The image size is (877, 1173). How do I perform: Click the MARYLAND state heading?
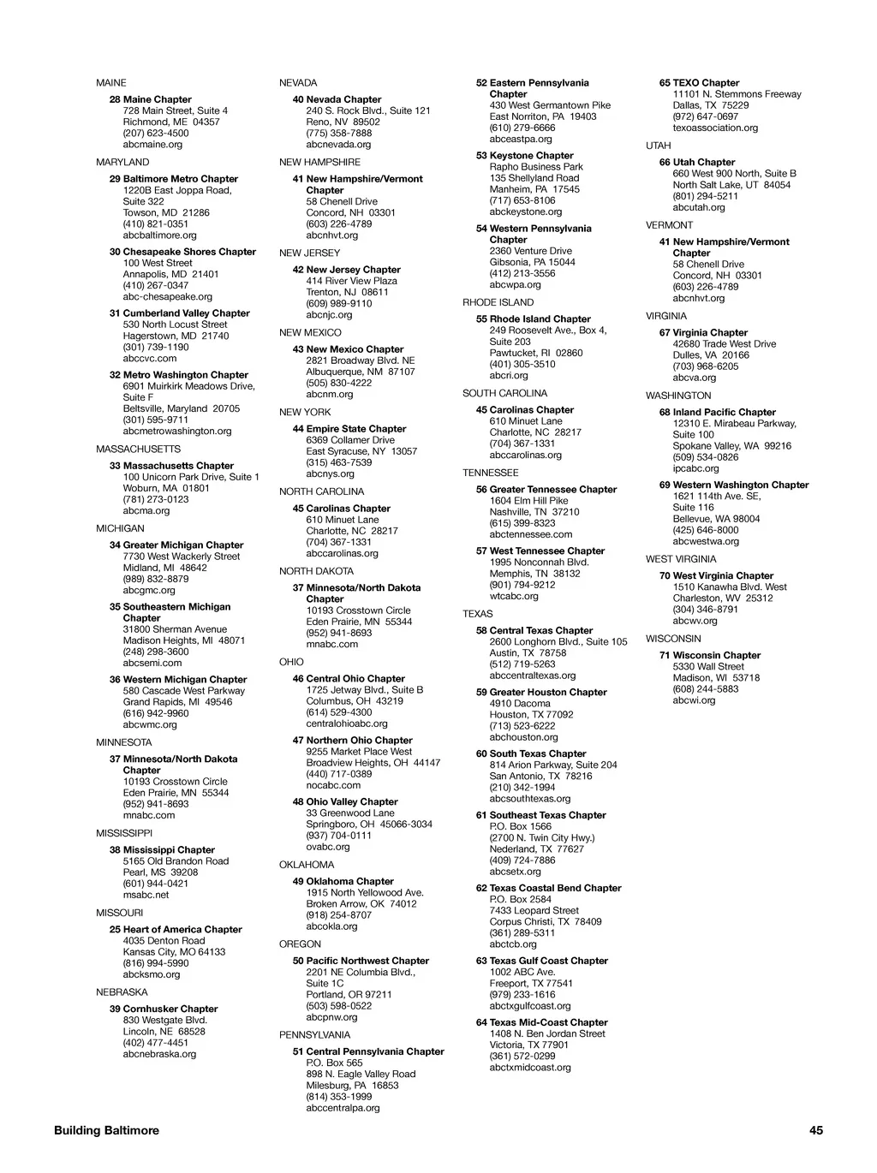click(x=122, y=162)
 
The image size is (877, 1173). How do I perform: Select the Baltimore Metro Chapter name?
click(x=180, y=179)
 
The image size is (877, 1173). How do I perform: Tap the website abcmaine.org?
click(x=152, y=145)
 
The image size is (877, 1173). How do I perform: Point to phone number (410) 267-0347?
click(x=155, y=285)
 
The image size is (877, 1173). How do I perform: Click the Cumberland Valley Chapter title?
click(x=186, y=313)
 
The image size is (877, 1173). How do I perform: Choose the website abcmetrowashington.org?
click(x=176, y=432)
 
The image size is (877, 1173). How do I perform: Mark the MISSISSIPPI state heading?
click(x=124, y=833)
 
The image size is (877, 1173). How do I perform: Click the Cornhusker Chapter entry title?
click(x=170, y=1009)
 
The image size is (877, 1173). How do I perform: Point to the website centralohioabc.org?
click(x=346, y=723)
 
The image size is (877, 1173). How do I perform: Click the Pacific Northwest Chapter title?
click(x=367, y=961)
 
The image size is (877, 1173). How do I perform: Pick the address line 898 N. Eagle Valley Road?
click(x=361, y=1074)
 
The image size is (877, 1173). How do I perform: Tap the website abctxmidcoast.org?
click(x=529, y=1068)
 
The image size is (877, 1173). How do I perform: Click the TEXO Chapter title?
click(x=706, y=83)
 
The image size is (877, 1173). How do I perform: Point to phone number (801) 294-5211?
click(x=706, y=196)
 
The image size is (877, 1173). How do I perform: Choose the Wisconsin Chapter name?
click(x=716, y=655)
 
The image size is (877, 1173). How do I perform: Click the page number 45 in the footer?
click(x=815, y=1130)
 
